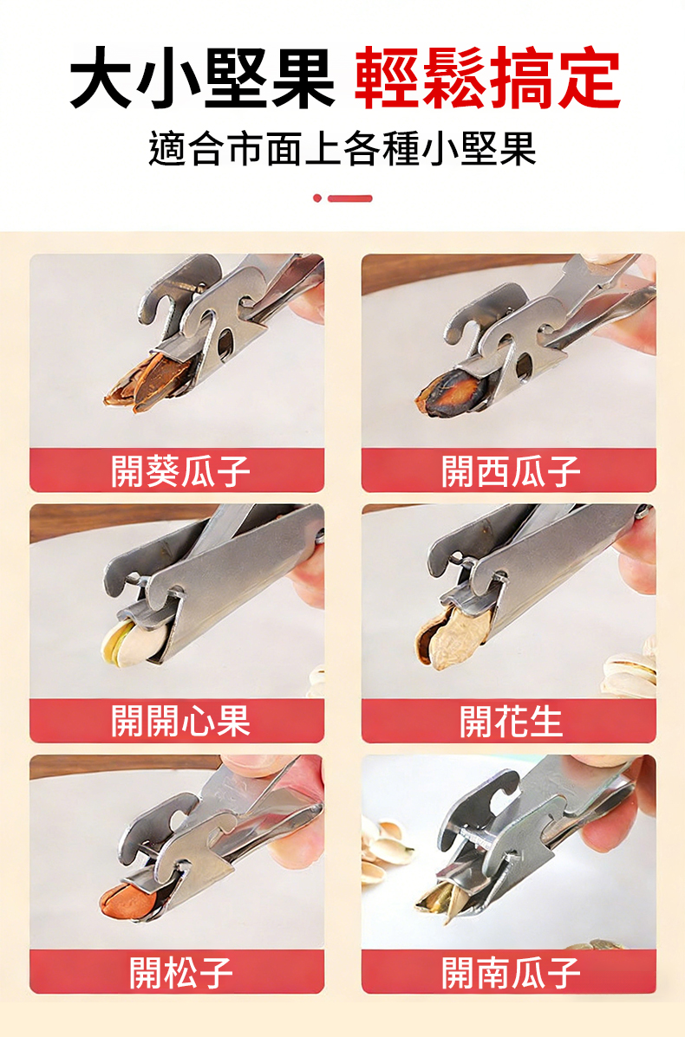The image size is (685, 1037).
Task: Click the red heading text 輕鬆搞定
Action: coord(488,78)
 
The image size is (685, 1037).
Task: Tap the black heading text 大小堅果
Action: coord(203,78)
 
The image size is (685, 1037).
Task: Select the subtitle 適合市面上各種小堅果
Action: coord(342,150)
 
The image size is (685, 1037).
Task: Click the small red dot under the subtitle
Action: coord(317,198)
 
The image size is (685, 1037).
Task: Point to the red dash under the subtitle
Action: coord(350,198)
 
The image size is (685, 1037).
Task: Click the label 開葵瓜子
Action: coord(180,470)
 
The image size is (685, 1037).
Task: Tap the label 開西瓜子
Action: coord(510,470)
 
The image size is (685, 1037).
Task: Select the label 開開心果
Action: coord(180,720)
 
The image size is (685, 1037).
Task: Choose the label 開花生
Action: coord(510,720)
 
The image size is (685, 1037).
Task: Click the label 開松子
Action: coord(180,971)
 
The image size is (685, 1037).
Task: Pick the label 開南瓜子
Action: coord(510,971)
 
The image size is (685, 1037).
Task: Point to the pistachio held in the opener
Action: coord(133,639)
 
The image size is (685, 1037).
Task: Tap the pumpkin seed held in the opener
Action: coord(442,896)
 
